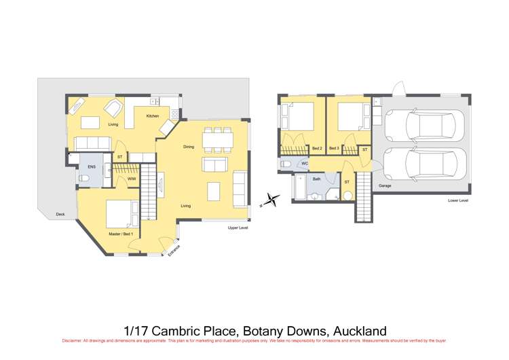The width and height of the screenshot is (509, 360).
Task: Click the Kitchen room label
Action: coord(153,116)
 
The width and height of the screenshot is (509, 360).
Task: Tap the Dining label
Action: coord(189,147)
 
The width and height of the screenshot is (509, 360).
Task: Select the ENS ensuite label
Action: coord(91,166)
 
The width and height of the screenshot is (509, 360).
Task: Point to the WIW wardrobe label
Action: coord(131,179)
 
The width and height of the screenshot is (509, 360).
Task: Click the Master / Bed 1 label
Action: coord(121,234)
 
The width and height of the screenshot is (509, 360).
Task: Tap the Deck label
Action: coord(60,215)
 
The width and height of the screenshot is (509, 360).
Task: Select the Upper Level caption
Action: coord(238,228)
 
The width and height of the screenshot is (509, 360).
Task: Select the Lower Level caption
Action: coord(458,201)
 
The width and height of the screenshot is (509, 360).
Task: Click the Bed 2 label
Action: coord(317,148)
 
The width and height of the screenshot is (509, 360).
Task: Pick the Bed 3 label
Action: coord(334,148)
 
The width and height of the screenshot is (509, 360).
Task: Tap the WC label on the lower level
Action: coord(305,164)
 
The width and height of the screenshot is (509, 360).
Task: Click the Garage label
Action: coord(385,185)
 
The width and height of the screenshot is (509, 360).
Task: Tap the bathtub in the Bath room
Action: coord(299,188)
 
